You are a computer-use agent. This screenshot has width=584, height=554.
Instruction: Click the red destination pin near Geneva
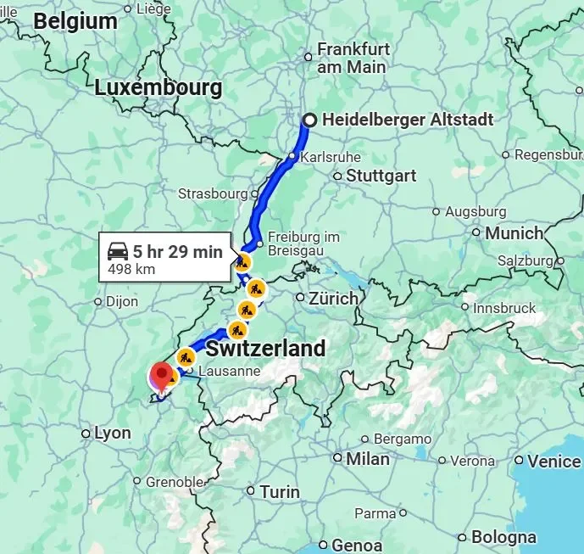[x=161, y=374]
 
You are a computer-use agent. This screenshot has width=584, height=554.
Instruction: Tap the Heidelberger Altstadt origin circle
[x=310, y=120]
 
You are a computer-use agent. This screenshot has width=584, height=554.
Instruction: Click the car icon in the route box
[x=117, y=252]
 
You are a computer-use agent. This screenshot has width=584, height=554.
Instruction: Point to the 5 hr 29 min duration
[x=177, y=252]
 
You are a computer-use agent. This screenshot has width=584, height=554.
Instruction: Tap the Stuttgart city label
[x=381, y=176]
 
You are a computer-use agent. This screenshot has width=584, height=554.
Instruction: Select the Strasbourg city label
[x=213, y=193]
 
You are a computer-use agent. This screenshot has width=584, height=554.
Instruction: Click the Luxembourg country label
[x=159, y=87]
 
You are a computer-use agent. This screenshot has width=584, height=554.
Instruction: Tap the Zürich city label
[x=333, y=299]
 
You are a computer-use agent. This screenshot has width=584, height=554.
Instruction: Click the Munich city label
[x=514, y=232]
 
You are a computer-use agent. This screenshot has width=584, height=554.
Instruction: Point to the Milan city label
[x=367, y=459]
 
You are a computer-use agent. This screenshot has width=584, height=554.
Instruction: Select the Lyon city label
[x=112, y=434]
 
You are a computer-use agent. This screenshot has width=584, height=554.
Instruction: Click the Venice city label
[x=553, y=462]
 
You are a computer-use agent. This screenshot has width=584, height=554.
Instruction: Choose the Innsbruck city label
[x=504, y=308]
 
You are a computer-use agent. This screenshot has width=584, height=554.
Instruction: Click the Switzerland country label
[x=265, y=349]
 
